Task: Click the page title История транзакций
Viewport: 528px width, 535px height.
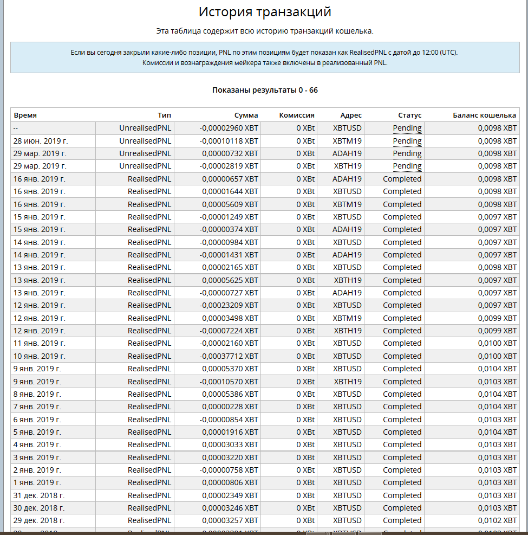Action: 265,12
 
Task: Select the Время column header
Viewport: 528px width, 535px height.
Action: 25,115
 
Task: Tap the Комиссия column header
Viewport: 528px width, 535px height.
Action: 297,115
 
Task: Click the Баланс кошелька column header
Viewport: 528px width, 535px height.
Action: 485,115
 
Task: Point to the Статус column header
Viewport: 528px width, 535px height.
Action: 409,115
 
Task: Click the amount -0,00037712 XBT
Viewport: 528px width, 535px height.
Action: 229,356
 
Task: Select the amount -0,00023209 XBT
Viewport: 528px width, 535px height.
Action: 229,305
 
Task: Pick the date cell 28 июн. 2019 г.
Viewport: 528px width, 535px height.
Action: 41,141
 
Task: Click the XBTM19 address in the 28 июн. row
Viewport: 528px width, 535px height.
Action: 347,141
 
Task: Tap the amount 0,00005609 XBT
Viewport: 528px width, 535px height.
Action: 230,204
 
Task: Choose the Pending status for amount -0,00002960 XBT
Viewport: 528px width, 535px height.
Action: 407,128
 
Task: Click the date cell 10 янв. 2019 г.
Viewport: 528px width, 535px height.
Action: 39,356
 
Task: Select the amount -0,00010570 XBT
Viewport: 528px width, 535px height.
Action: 229,381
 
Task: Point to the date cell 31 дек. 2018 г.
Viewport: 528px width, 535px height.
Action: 39,495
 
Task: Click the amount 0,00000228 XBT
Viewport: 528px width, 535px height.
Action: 230,407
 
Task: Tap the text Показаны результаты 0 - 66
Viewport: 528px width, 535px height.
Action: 265,90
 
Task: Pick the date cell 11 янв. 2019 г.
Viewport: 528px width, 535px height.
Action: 39,343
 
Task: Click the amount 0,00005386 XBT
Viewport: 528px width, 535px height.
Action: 230,394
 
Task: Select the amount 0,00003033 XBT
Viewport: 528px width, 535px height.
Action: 230,444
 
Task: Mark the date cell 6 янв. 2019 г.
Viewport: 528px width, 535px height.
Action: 37,420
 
